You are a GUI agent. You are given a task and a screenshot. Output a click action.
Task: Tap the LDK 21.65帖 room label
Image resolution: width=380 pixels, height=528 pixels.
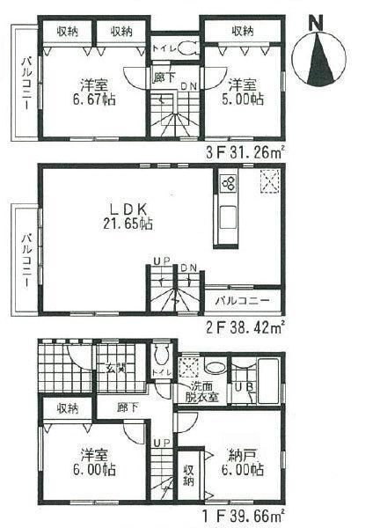(131, 216)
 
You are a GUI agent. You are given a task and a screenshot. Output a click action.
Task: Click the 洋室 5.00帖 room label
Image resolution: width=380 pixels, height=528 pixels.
(244, 92)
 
